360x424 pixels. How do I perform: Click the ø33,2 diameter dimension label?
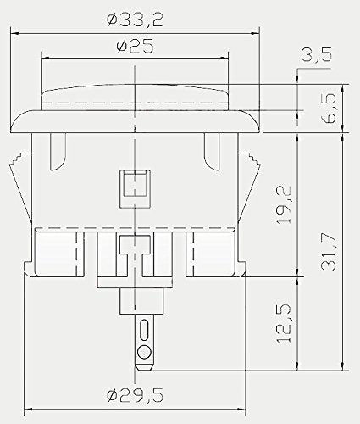pos(135,20)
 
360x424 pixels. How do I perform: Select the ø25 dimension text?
pos(135,46)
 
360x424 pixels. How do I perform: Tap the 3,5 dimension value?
pos(316,54)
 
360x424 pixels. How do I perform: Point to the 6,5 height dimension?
pos(330,108)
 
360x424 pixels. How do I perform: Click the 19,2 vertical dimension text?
pos(284,205)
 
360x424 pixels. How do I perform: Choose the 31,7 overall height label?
pos(330,253)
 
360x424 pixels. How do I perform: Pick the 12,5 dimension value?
pos(284,324)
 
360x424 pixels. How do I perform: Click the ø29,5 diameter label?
pos(135,395)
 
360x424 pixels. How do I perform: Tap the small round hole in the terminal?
pos(144,352)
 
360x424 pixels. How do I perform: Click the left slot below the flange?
pos(58,152)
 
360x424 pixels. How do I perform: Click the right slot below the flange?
pos(212,152)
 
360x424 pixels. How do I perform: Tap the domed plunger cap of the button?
pos(135,97)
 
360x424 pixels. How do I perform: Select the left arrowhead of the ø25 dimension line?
pos(45,59)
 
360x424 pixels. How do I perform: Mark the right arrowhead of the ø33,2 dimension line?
pos(255,34)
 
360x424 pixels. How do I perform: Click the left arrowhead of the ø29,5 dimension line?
pos(30,409)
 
